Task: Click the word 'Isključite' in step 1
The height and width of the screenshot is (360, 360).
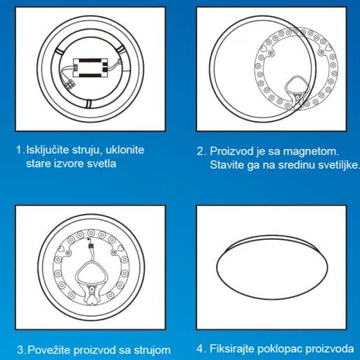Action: (48, 150)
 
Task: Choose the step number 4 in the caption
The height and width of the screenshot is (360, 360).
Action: (200, 349)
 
